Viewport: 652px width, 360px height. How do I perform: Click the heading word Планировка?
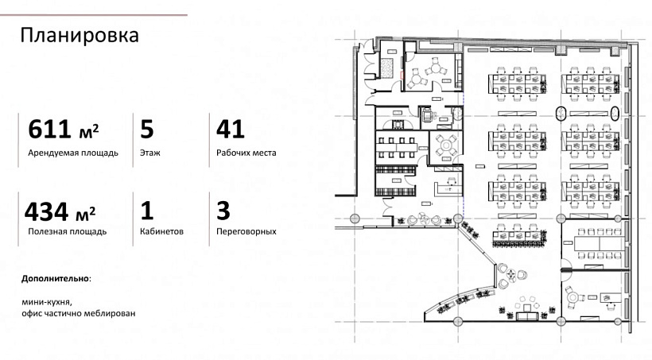(x=80, y=36)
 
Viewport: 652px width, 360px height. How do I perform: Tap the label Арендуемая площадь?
(x=73, y=153)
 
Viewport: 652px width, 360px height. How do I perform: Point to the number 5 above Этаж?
(x=147, y=129)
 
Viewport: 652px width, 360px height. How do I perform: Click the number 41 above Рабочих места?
(x=230, y=129)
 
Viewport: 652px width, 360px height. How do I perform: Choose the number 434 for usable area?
(x=46, y=211)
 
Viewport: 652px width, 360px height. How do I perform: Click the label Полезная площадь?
(x=68, y=231)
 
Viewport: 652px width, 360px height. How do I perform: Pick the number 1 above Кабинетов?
(x=146, y=211)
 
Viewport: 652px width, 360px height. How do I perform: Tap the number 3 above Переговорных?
(x=223, y=211)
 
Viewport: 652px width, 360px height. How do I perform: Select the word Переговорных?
(x=246, y=231)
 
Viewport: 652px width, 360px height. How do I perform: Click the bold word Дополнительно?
(x=56, y=278)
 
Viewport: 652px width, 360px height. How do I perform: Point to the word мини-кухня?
(x=44, y=302)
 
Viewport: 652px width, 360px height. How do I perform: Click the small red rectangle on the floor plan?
(x=402, y=75)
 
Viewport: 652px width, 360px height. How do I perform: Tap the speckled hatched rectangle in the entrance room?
(x=386, y=68)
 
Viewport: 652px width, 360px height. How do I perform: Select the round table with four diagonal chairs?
(x=446, y=145)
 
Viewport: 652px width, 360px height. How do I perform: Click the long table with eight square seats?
(x=396, y=148)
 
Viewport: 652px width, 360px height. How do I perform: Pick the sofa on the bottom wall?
(x=528, y=315)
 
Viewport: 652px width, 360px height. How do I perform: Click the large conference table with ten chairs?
(x=600, y=244)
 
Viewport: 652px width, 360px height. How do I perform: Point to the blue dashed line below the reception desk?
(x=463, y=207)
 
